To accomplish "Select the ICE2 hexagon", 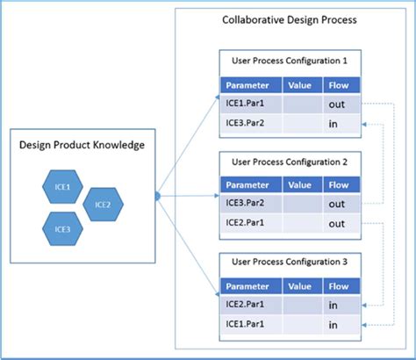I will pos(103,205).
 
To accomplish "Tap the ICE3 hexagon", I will pos(61,228).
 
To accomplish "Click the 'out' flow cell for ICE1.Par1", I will pos(337,103).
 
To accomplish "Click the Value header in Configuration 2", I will pos(299,185).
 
